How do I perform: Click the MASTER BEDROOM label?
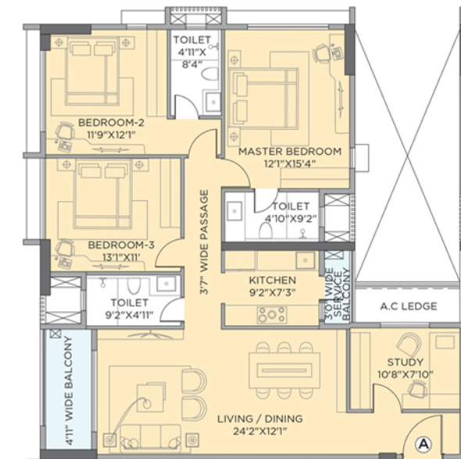290,152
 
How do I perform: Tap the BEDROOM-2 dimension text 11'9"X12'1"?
111,135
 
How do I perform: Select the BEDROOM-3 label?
121,245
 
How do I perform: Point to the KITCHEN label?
272,280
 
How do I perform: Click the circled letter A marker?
423,443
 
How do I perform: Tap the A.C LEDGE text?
409,307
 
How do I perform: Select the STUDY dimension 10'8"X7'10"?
406,375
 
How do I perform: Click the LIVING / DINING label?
260,418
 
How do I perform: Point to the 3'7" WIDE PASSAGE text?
204,242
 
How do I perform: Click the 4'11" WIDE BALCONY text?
69,390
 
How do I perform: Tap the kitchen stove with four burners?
272,314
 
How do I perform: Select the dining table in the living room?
284,370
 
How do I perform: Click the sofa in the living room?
151,438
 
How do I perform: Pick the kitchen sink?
306,260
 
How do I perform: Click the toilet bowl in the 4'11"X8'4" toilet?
210,74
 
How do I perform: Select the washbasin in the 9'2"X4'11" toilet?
166,284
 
